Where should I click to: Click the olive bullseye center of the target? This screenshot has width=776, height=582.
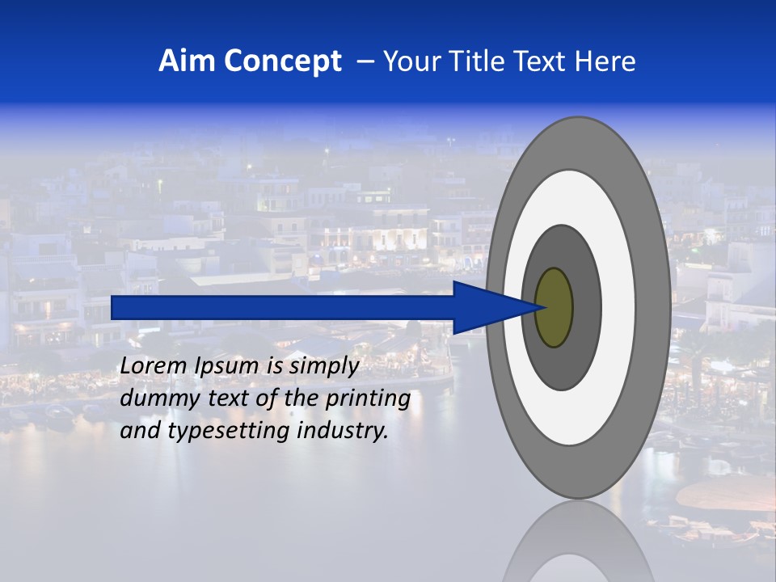(554, 308)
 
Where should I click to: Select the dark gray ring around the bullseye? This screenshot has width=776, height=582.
(586, 308)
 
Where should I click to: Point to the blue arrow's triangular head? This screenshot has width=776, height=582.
(485, 308)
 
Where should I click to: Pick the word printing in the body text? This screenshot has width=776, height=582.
(367, 399)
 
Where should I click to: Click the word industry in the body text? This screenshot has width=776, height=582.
(343, 432)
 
